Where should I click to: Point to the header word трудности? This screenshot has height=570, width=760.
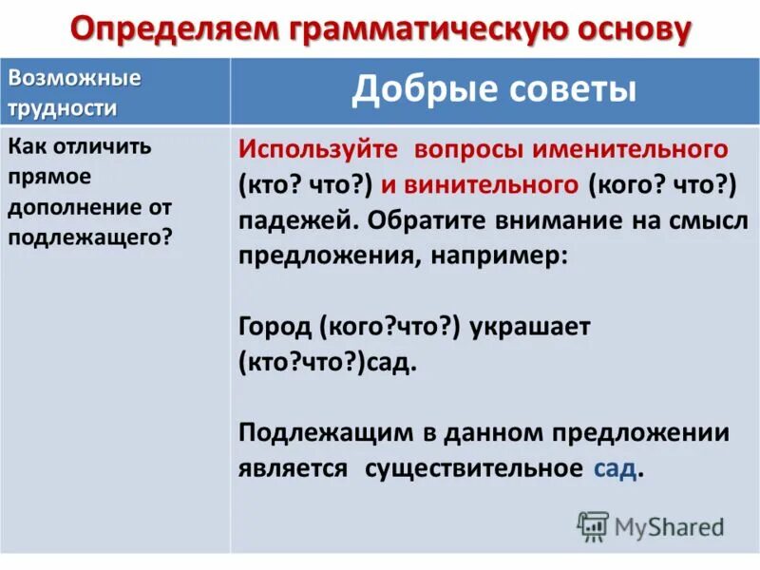pyautogui.click(x=63, y=107)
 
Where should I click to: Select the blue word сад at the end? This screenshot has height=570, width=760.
pyautogui.click(x=615, y=468)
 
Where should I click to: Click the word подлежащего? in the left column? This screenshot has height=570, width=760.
pyautogui.click(x=91, y=237)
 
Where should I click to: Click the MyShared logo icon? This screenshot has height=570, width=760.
pyautogui.click(x=593, y=525)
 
